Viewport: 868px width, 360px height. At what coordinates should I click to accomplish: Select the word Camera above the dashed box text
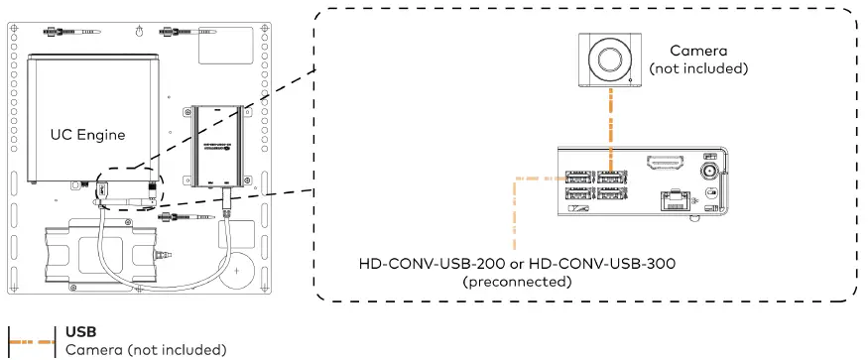click(697, 50)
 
